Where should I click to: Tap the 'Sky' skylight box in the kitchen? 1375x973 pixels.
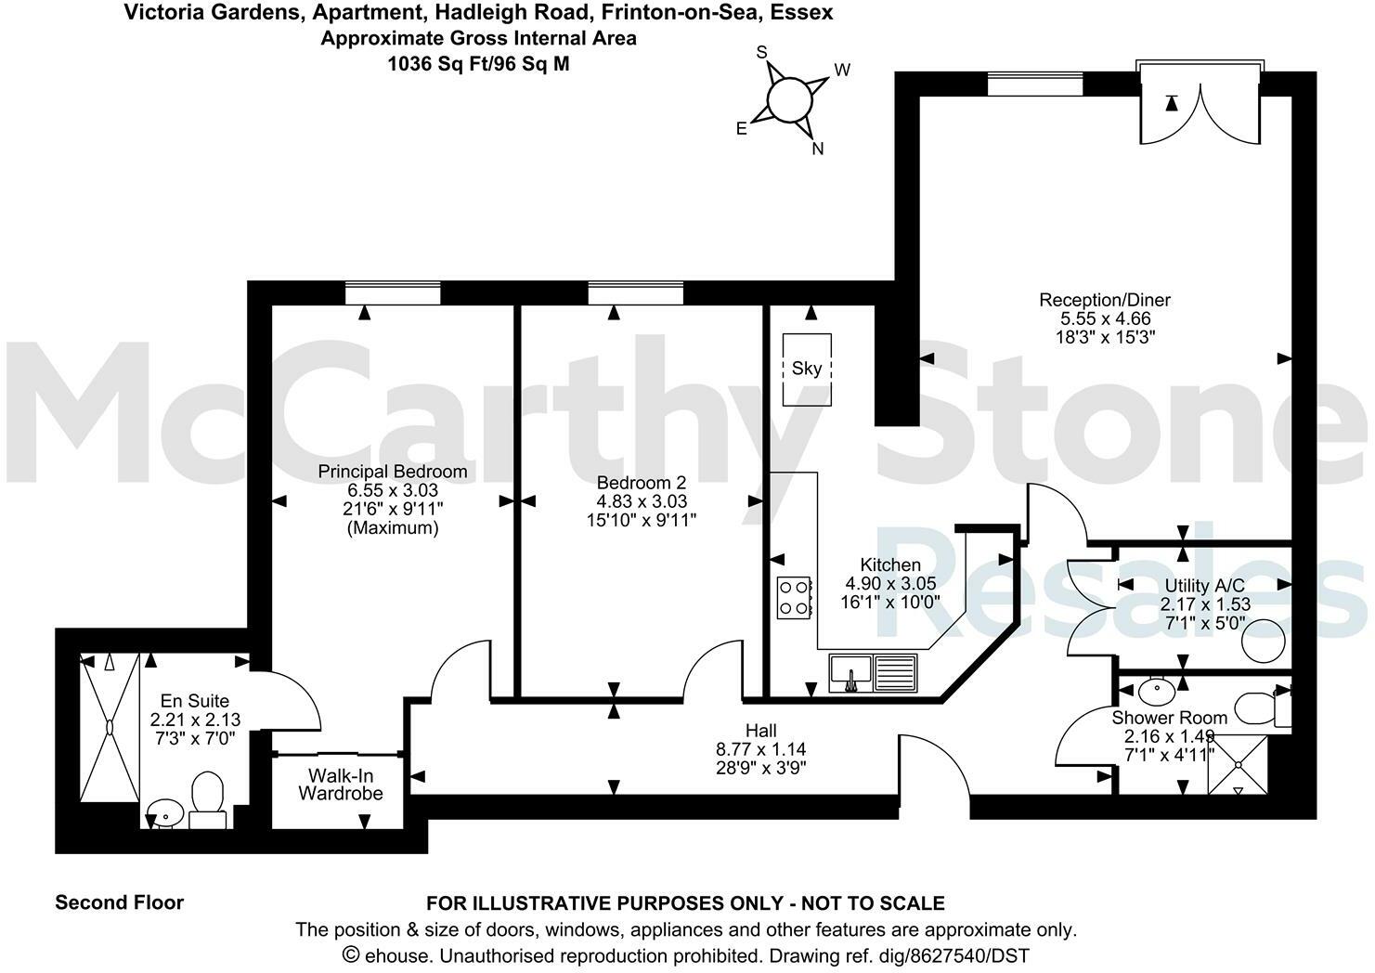[x=806, y=369]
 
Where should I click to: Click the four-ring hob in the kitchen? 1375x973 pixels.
[x=794, y=597]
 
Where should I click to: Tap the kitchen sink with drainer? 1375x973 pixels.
[x=872, y=672]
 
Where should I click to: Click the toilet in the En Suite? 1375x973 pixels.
[x=207, y=801]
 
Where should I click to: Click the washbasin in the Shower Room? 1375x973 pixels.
[x=1155, y=690]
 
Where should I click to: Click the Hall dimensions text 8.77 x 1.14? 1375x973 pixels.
[x=760, y=749]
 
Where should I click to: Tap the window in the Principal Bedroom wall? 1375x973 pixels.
[x=392, y=293]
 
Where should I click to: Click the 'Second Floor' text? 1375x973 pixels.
[x=120, y=902]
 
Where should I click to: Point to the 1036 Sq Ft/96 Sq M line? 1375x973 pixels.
[x=478, y=64]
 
